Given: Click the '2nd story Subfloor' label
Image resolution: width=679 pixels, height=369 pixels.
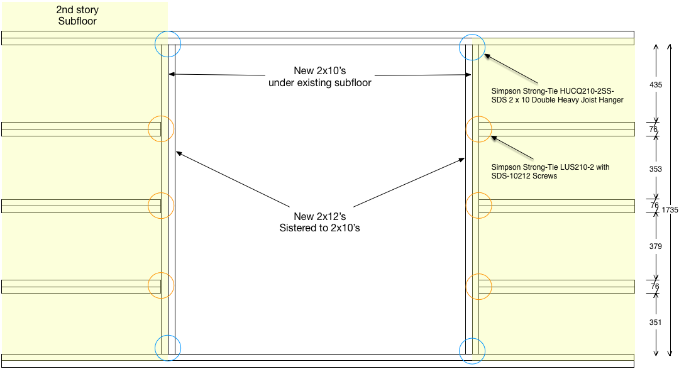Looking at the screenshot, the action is (77, 15).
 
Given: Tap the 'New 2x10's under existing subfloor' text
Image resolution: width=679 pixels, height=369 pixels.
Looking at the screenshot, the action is (319, 77).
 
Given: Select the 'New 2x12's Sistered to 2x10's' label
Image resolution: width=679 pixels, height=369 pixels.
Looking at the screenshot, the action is (319, 222).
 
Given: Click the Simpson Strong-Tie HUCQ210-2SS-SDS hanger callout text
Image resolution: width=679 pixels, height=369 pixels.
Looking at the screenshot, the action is (557, 96).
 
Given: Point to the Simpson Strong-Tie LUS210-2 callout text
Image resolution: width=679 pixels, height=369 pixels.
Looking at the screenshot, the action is (550, 172).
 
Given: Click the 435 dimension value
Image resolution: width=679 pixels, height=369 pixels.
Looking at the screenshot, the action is (656, 85).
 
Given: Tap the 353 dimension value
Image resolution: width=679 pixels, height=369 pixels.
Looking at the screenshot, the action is (656, 169).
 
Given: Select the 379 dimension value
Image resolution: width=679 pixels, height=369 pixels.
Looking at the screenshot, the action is (656, 246).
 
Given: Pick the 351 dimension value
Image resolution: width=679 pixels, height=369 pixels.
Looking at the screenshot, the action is (656, 322).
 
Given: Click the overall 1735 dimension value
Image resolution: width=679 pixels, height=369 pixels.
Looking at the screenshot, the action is (670, 209).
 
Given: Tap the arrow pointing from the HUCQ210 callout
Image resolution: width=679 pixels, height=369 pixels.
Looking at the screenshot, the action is (511, 69).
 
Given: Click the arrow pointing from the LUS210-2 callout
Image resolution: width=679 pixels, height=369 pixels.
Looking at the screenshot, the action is (512, 148).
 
